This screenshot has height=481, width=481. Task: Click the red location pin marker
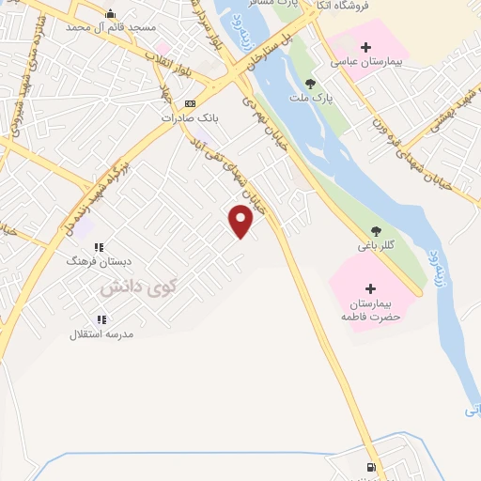click(241, 221)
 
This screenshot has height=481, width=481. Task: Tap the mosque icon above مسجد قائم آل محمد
click(111, 13)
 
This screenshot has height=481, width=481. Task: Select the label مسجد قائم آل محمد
click(111, 27)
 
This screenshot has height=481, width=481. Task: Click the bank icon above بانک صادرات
click(190, 103)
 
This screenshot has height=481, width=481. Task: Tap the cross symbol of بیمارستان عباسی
click(365, 48)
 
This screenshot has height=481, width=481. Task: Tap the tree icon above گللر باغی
click(376, 230)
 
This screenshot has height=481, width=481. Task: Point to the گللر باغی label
click(376, 246)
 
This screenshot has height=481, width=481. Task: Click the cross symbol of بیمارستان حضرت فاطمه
click(370, 288)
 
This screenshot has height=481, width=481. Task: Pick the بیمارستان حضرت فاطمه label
click(370, 311)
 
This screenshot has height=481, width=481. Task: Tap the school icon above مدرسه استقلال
click(101, 319)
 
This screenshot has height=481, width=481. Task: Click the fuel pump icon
click(372, 467)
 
